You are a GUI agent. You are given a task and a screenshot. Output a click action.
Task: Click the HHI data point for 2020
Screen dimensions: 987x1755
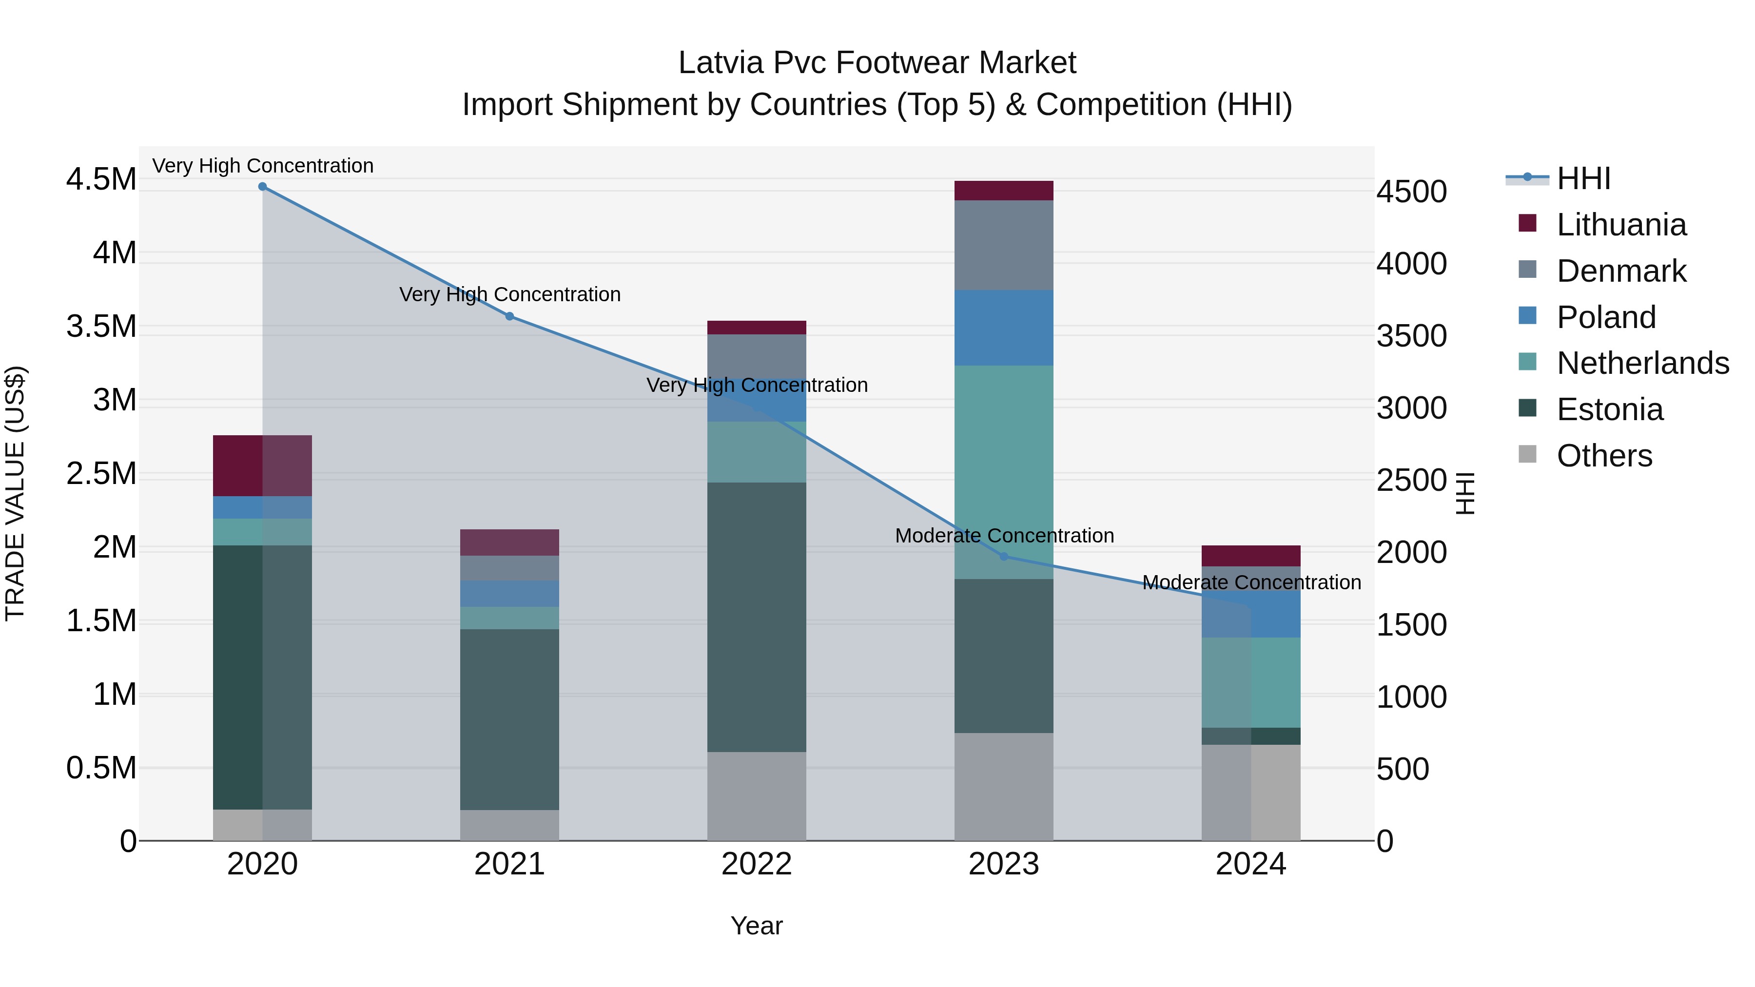(262, 187)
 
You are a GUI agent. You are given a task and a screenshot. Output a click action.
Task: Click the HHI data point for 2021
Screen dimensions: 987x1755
(509, 316)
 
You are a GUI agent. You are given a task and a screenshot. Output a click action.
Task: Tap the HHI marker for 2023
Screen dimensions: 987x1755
(1004, 557)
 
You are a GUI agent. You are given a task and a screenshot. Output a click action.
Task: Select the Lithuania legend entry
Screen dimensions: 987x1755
(1621, 225)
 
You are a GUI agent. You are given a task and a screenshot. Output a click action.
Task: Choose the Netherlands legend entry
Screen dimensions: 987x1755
(1642, 363)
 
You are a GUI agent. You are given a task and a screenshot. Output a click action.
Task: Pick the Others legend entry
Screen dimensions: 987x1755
(1604, 456)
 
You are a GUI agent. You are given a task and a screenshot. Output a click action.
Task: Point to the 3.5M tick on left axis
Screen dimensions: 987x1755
(101, 326)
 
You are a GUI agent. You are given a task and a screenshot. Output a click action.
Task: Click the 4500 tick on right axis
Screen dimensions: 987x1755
(1412, 192)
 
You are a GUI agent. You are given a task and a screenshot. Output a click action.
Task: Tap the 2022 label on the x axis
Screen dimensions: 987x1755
(756, 864)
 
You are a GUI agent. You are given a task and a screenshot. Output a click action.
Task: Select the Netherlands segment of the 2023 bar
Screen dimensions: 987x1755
(1004, 471)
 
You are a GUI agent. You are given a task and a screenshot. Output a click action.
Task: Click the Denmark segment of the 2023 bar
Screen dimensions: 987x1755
(1004, 245)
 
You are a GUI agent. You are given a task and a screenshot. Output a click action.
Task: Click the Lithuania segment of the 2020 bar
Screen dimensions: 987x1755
(262, 465)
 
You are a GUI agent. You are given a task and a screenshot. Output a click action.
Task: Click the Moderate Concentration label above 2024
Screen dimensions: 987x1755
(1251, 582)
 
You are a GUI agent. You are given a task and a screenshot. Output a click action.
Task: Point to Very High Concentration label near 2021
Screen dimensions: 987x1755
(509, 294)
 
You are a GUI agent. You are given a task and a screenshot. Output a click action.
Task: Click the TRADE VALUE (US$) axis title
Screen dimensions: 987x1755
(15, 493)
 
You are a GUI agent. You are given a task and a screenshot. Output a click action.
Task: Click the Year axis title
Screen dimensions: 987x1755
(756, 926)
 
